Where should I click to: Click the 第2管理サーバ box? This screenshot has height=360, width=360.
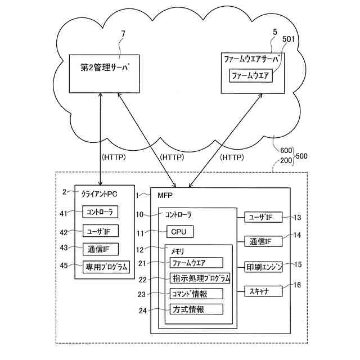(x=105, y=73)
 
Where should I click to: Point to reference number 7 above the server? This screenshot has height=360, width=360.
(x=123, y=35)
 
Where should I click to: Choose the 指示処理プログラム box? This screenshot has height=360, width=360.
(x=200, y=278)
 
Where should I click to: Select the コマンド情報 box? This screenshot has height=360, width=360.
(x=196, y=294)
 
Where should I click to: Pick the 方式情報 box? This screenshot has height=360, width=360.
(x=196, y=309)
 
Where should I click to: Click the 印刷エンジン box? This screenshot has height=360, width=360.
(x=263, y=267)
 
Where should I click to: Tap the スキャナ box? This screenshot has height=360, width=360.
(x=263, y=291)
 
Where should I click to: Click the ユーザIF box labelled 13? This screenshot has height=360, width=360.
(x=263, y=217)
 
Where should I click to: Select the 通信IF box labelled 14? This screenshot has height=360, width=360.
(x=263, y=242)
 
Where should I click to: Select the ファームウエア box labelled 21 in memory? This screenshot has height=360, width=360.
(x=196, y=263)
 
